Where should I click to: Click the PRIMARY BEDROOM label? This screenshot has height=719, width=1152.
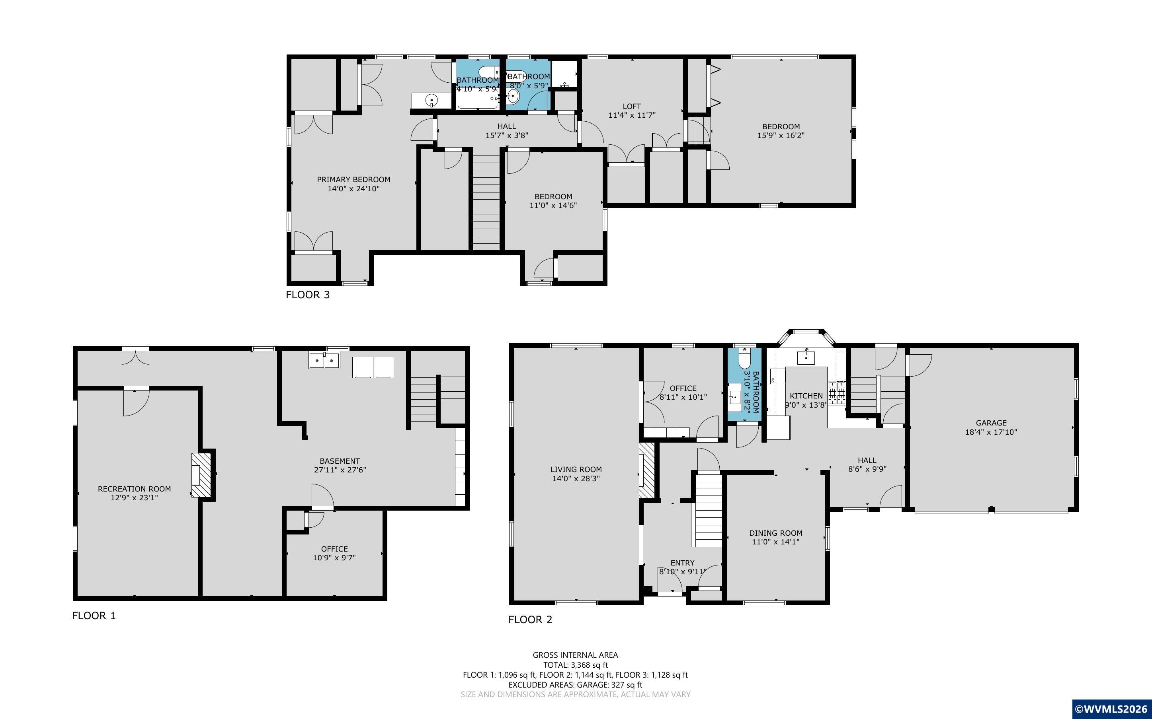[353, 179]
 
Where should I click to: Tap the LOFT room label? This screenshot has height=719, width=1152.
[632, 106]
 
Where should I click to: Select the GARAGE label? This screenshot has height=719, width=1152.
[991, 423]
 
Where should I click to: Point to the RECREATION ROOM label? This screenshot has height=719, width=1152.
[134, 489]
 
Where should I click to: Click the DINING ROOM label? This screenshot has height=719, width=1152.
[775, 533]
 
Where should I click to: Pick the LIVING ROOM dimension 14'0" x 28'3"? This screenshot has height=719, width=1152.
[576, 478]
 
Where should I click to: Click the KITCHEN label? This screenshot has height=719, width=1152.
[806, 396]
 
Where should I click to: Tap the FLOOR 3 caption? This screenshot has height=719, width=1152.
[307, 295]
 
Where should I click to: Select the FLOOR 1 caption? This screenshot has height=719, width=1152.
[94, 616]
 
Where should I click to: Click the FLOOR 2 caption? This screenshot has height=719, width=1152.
[530, 620]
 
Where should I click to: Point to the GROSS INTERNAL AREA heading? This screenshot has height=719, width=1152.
[575, 655]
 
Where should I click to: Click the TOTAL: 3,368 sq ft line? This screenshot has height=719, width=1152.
[575, 665]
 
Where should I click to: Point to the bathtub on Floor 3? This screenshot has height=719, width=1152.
[478, 99]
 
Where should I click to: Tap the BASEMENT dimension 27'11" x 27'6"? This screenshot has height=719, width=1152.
[339, 470]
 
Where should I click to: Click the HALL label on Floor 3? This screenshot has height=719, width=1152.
[507, 126]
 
